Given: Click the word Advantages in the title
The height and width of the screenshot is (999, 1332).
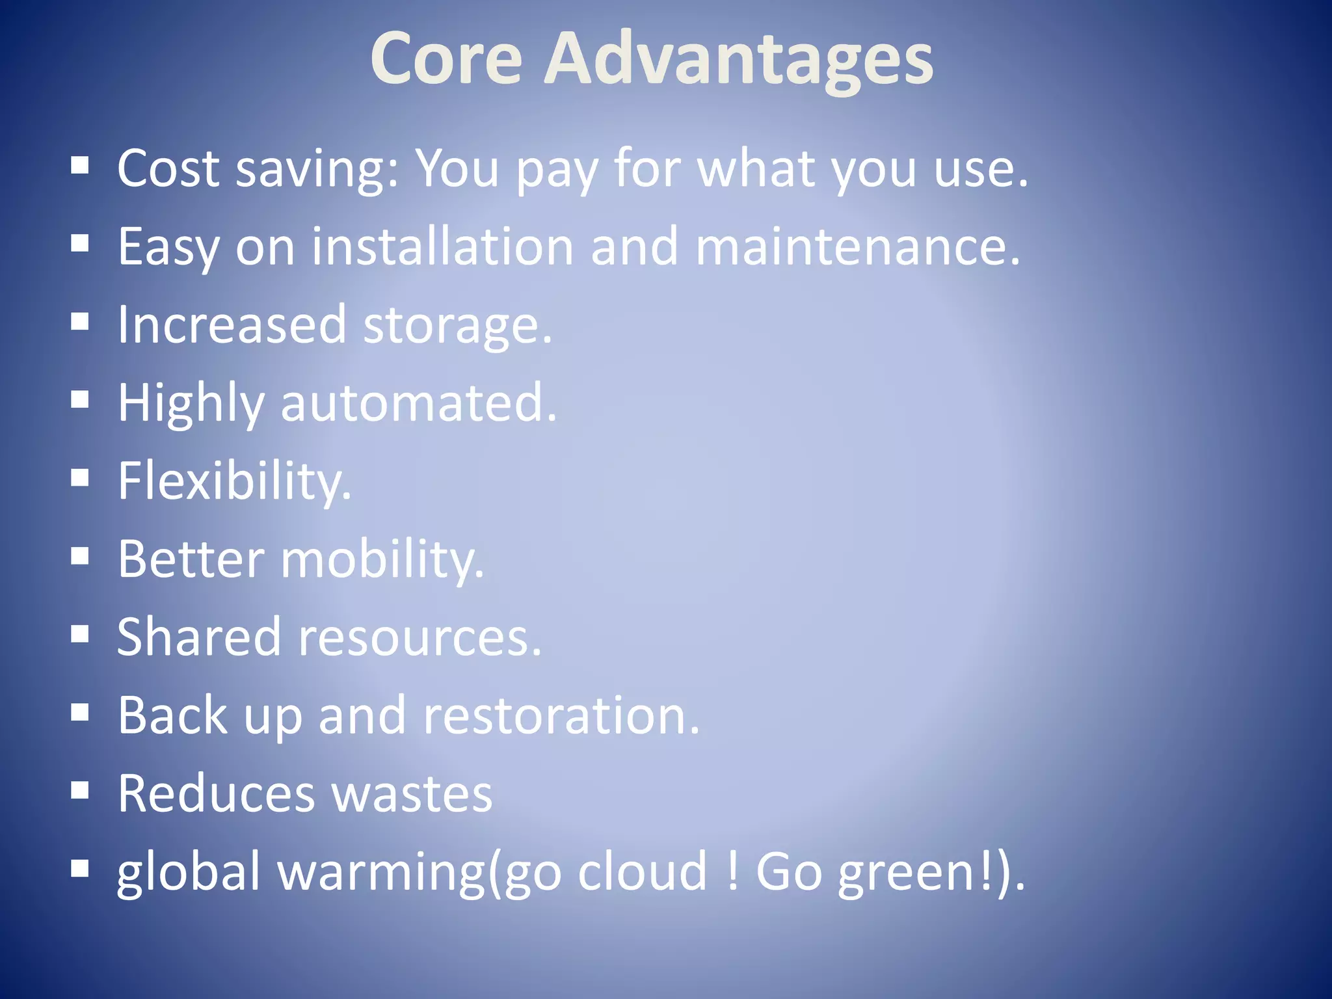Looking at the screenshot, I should [738, 60].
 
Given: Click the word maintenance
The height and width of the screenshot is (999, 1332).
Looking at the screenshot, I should [857, 246].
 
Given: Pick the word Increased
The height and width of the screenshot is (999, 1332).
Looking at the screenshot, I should [232, 325].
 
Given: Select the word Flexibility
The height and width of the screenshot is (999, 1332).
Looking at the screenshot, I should [234, 482].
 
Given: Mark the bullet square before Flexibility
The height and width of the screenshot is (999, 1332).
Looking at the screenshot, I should [80, 479].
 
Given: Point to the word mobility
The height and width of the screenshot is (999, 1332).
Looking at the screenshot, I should [382, 560].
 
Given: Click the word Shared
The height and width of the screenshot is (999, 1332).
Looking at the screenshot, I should [199, 637].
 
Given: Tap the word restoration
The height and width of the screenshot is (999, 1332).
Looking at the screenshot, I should [561, 715].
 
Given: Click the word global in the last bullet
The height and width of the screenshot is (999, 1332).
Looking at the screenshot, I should [189, 872].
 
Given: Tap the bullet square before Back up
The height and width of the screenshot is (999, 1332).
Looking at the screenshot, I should [80, 713].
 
